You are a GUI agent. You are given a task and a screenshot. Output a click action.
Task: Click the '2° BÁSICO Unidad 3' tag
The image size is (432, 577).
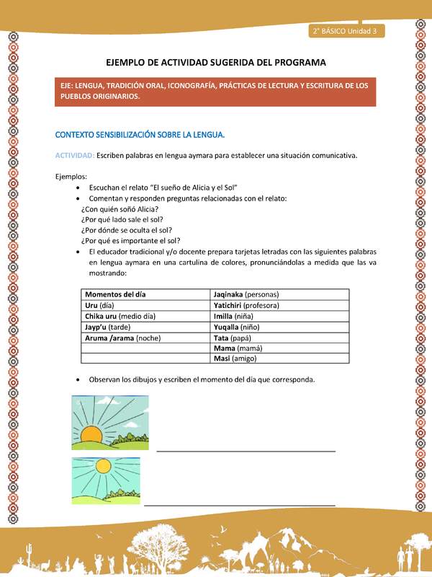click(x=346, y=31)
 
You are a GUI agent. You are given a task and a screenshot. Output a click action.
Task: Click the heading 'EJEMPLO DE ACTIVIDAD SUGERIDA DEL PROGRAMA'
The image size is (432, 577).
click(x=216, y=62)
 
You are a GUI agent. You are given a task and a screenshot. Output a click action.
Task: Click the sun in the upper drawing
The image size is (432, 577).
click(x=93, y=435)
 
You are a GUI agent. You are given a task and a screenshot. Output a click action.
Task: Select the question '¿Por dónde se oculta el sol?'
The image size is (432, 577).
click(x=127, y=230)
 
